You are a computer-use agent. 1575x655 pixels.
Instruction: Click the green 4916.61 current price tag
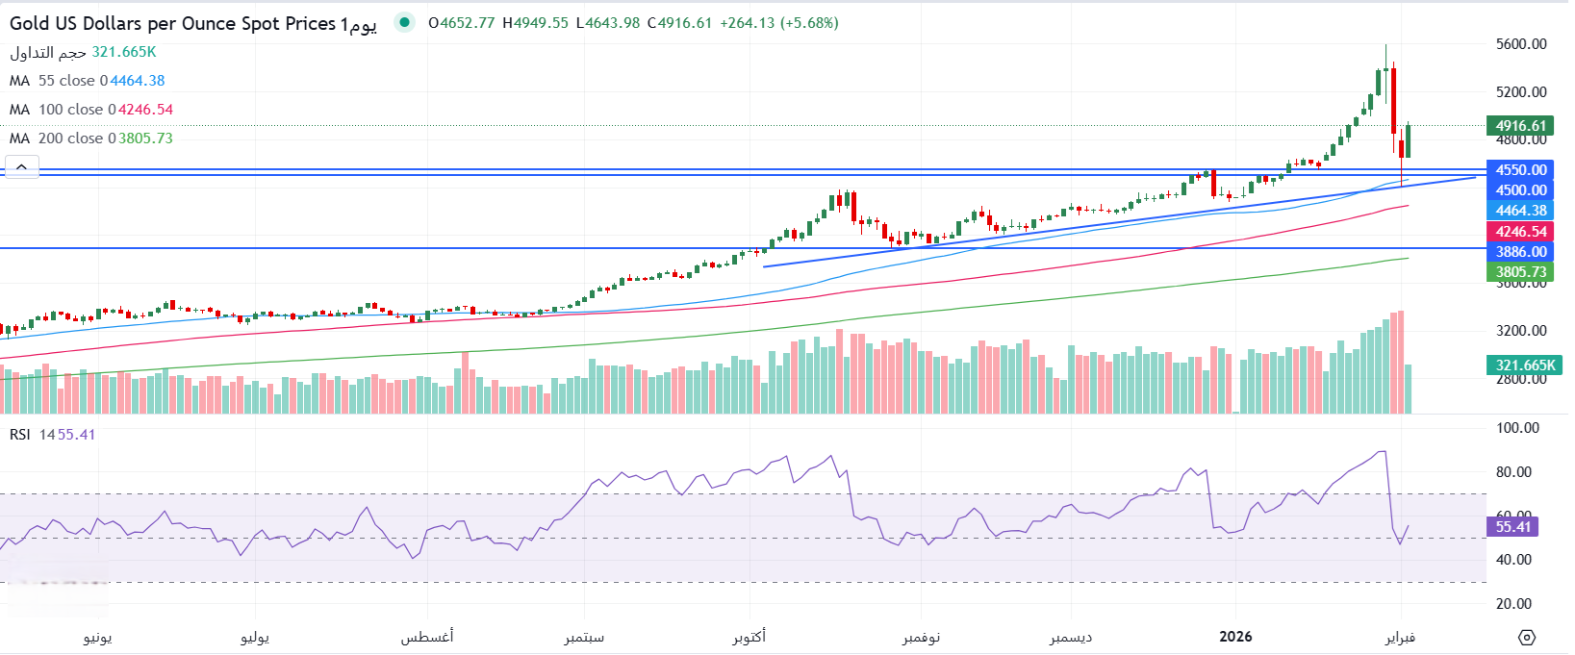pos(1520,126)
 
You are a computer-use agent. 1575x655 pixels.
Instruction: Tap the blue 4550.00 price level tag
pos(1520,170)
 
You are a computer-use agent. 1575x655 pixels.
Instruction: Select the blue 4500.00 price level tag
pos(1520,190)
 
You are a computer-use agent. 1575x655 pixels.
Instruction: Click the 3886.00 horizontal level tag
pos(1520,252)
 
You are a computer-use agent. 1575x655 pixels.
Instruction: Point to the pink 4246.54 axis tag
pos(1520,232)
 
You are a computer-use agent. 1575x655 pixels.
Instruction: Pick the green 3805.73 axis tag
pos(1520,272)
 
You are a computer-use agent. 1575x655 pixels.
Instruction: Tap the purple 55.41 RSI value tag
pos(1512,527)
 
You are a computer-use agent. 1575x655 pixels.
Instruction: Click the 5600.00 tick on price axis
pos(1521,44)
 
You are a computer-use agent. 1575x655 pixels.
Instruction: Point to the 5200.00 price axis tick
pos(1521,92)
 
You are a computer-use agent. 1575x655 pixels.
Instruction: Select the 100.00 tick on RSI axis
pos(1517,428)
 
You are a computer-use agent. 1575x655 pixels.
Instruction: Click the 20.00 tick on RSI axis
pos(1516,604)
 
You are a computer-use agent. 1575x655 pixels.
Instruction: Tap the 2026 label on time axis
pos(1235,637)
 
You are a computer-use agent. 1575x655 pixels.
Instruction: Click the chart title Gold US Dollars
pos(173,24)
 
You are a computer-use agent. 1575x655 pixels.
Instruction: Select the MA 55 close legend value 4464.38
pos(137,81)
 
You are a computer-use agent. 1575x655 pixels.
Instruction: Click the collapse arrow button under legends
pos(21,167)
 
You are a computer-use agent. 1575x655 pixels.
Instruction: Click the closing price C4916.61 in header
pos(679,23)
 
